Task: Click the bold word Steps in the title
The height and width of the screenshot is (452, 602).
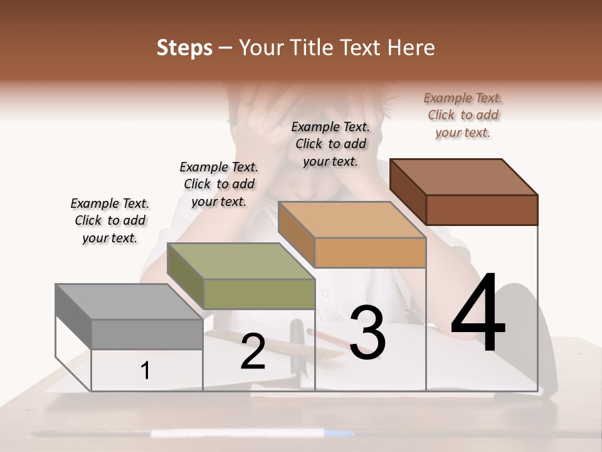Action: point(184,48)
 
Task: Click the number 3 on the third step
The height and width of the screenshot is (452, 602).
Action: point(367,333)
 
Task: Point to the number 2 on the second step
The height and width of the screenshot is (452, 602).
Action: point(253,352)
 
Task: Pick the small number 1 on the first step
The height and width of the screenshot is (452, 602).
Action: point(145,371)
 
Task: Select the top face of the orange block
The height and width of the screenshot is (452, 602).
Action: point(352,220)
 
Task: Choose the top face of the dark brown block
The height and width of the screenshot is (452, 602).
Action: point(464,177)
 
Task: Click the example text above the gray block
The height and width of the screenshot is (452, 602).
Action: point(110,221)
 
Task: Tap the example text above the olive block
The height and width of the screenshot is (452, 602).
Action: point(219,184)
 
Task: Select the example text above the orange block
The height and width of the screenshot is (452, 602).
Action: point(330,144)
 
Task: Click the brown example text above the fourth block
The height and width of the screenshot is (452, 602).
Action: point(463,115)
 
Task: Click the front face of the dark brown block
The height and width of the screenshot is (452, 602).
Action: point(482,210)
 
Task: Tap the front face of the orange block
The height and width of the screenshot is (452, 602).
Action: point(370,253)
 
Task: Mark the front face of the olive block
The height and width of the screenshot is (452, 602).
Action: point(259,294)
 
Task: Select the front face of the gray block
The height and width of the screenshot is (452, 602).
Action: point(147,334)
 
